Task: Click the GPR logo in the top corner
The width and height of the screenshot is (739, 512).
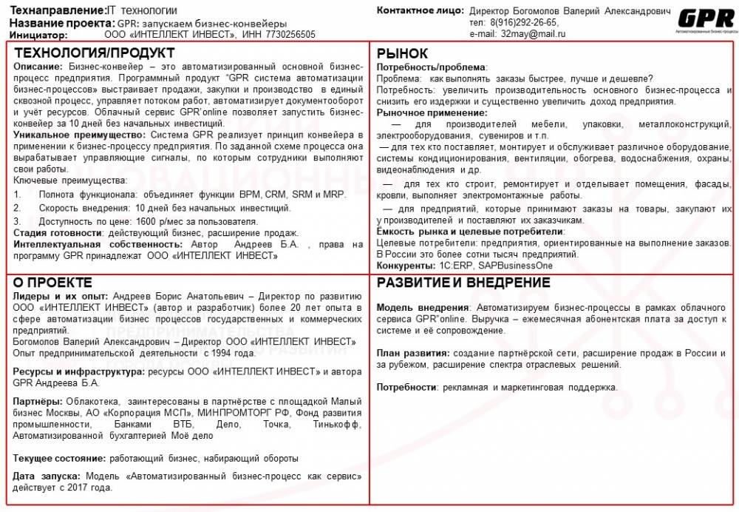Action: coord(706,19)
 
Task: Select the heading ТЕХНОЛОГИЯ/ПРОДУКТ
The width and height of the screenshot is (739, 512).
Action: coord(95,53)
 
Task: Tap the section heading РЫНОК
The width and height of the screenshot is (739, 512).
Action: coord(402,53)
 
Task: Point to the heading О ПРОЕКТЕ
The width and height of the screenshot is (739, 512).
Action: coord(53,283)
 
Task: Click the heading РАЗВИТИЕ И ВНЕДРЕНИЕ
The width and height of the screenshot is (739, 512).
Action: coord(463,283)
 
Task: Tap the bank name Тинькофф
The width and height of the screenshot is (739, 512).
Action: coord(336,425)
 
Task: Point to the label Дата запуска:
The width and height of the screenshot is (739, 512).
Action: coord(48,476)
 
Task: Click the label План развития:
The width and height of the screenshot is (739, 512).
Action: coord(413,354)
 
